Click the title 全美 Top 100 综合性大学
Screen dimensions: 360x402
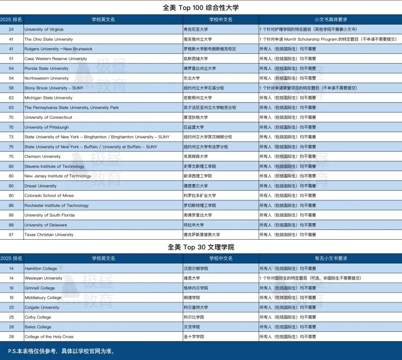(201, 7)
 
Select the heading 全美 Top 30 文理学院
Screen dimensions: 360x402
(201, 247)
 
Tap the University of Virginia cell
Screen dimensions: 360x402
(44, 29)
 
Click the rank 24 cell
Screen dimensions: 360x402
(11, 29)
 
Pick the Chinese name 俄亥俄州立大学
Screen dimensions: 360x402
(198, 39)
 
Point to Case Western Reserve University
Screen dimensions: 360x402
(56, 59)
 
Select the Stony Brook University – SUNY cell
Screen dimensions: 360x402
(54, 88)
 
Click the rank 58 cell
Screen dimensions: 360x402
(11, 88)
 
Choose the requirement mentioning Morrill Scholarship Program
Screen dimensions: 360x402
(328, 39)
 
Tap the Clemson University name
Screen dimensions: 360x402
(42, 157)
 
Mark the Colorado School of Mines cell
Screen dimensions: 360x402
(49, 196)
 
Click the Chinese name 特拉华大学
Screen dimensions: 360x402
(194, 225)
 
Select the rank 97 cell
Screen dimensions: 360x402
(11, 235)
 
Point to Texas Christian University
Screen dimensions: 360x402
(49, 235)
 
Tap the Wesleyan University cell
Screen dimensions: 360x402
(44, 278)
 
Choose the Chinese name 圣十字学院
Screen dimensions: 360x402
(194, 337)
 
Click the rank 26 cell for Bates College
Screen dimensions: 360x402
(11, 327)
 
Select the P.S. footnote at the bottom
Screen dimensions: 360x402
(61, 351)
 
